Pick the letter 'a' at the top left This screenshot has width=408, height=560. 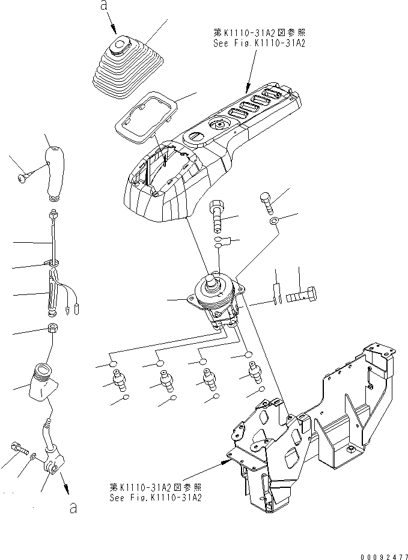(x=104, y=7)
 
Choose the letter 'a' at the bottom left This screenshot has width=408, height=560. (x=73, y=508)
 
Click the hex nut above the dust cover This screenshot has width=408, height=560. (x=52, y=329)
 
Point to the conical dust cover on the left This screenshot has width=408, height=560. (x=42, y=382)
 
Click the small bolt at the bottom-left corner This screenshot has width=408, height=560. (x=18, y=448)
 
